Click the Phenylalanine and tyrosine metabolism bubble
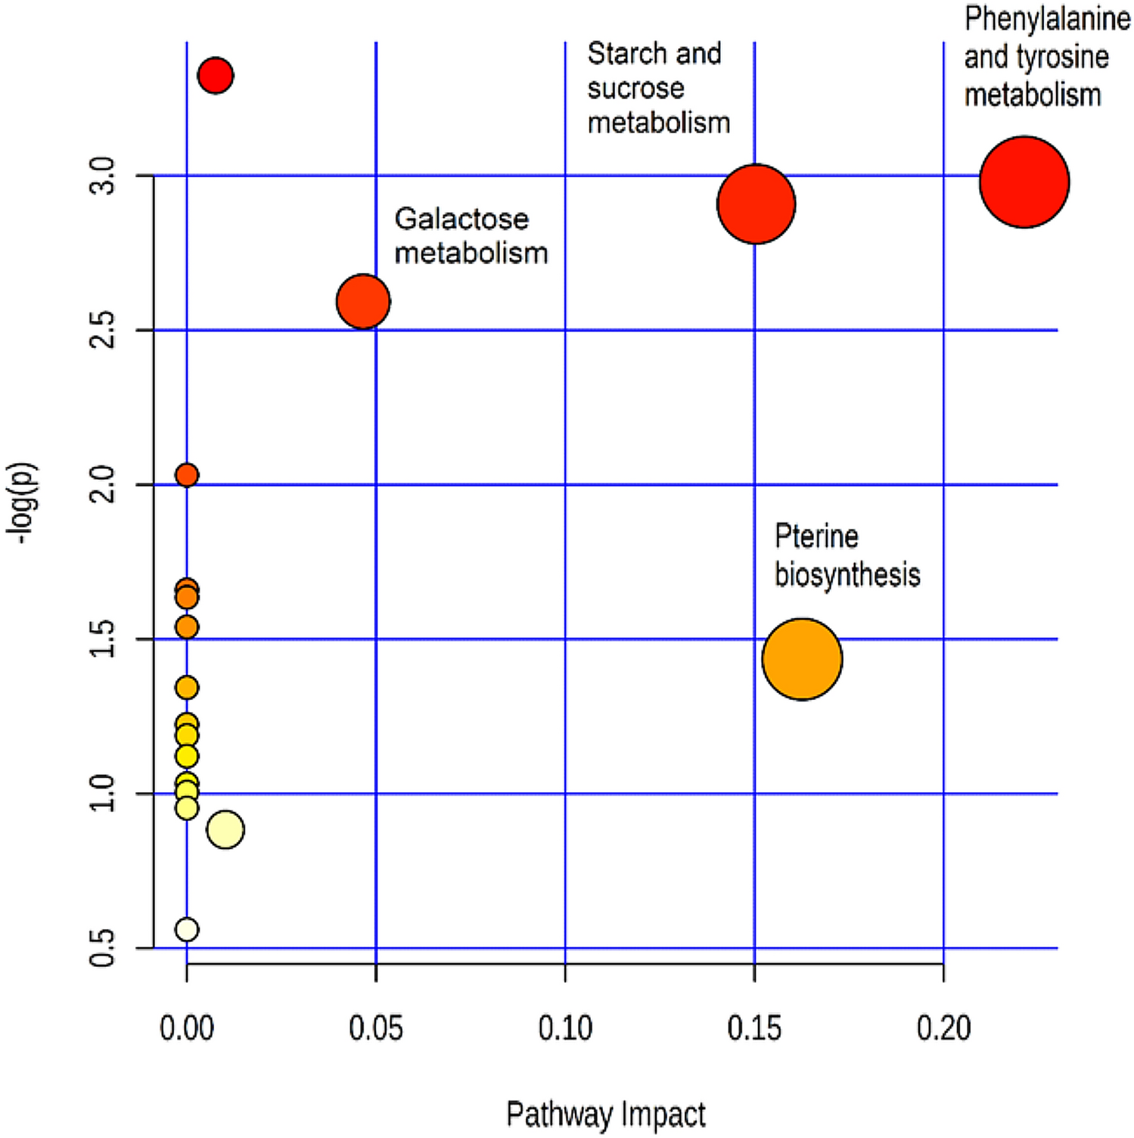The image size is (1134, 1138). point(1024,182)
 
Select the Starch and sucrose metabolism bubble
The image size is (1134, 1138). point(756,204)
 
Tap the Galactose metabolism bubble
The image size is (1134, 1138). point(363,301)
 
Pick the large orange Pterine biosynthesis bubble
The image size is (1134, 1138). point(802,659)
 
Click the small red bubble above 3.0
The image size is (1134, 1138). point(216,76)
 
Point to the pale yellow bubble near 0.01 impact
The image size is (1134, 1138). point(225,829)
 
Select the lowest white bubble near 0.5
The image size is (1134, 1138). point(187,929)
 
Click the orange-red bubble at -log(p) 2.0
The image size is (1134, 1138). point(187,475)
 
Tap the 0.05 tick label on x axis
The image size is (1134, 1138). point(376,1028)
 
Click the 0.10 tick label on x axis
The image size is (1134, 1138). point(565,1028)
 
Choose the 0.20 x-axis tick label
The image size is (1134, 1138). point(943,1028)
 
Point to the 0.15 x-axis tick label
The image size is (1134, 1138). point(754,1028)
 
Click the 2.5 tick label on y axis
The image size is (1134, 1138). point(103,330)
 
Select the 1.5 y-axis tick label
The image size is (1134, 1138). point(103,639)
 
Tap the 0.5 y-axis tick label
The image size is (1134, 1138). point(103,947)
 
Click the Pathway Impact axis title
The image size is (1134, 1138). point(605,1115)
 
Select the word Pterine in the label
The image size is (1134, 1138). point(816,536)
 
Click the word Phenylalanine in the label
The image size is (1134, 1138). point(1047,19)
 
